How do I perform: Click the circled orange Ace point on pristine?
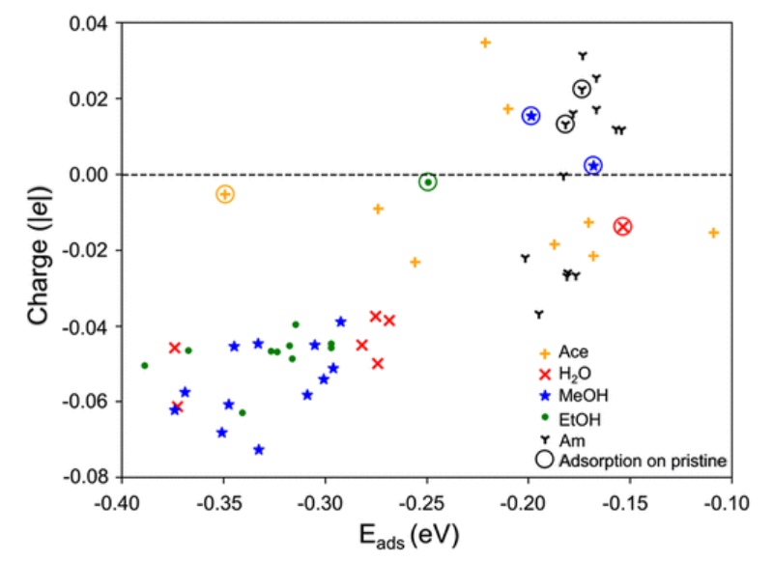(x=224, y=194)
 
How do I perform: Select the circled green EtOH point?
(x=428, y=182)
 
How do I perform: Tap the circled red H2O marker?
(x=622, y=226)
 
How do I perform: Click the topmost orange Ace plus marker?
(x=485, y=42)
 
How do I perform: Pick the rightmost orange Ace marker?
(x=713, y=233)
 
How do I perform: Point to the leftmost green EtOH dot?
(x=145, y=366)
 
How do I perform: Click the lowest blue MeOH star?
(x=259, y=450)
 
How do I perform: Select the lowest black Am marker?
(x=538, y=314)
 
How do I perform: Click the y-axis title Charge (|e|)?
(x=40, y=249)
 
